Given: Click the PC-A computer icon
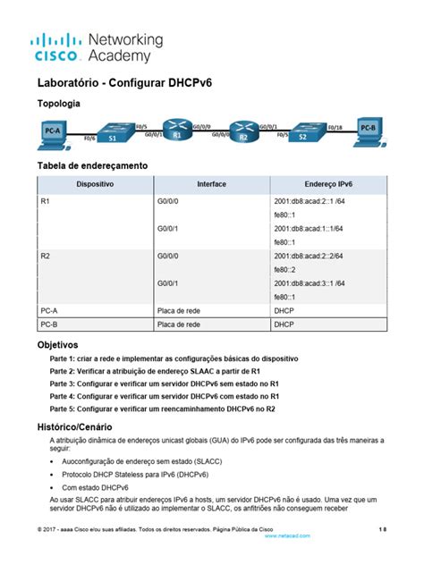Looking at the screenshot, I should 53,133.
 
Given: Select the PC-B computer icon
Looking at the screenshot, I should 368,131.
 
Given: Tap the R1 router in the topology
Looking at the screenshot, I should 177,131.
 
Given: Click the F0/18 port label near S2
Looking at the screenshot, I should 335,128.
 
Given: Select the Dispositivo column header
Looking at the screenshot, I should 95,183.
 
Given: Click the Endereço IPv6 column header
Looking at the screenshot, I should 327,183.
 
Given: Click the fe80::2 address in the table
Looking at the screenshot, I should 285,269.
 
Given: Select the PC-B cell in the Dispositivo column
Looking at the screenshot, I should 50,325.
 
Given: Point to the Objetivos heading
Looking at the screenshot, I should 57,344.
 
